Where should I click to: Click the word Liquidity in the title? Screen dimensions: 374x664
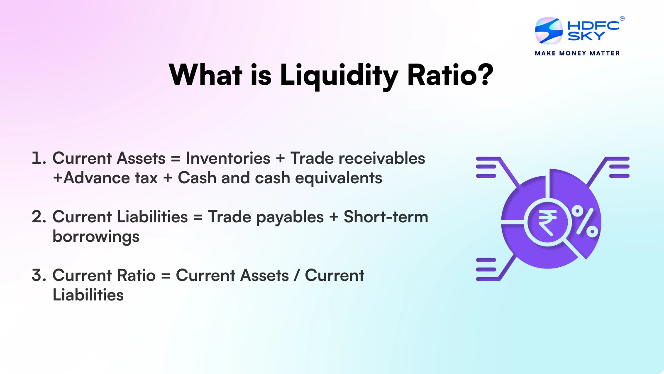[x=339, y=76]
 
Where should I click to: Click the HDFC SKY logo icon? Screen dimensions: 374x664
[x=549, y=31]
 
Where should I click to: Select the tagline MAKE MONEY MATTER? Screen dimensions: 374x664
[x=577, y=53]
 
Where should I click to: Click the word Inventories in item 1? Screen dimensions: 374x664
[x=228, y=158]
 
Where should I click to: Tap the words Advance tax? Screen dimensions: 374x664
[x=110, y=178]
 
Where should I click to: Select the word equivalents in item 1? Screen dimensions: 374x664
[x=338, y=178]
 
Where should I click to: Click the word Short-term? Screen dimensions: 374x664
[x=386, y=217]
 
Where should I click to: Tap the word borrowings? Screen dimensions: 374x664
[x=96, y=237]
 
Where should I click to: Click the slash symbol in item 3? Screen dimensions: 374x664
[x=297, y=276]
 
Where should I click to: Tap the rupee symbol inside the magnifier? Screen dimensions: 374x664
[x=547, y=223]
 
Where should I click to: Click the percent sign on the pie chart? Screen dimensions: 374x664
[x=585, y=221]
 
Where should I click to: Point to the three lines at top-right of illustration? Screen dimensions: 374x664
[x=619, y=167]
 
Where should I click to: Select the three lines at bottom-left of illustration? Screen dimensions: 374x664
[x=486, y=269]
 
